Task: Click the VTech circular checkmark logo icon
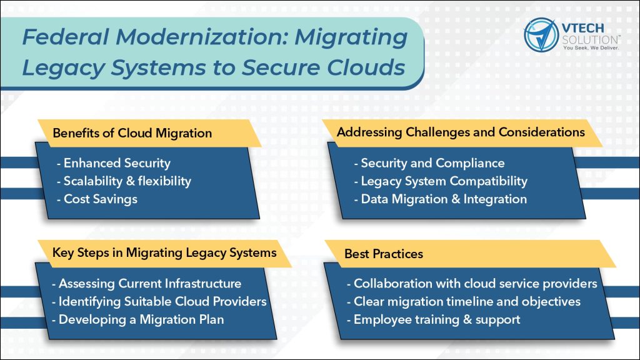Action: [541, 35]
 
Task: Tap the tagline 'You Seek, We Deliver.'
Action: [591, 47]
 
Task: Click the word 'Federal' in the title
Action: [66, 37]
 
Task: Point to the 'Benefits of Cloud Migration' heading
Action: [132, 133]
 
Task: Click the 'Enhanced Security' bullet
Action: [114, 163]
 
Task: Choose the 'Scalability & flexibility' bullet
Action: [124, 181]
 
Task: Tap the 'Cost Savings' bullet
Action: [97, 199]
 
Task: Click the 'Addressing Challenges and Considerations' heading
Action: [461, 132]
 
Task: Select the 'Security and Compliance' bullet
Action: [429, 163]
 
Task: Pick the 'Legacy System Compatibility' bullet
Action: [441, 181]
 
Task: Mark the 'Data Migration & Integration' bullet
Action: [441, 199]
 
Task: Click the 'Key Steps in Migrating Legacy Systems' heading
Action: [164, 252]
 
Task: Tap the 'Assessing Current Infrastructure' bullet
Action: [146, 283]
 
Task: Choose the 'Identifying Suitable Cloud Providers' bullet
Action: [159, 302]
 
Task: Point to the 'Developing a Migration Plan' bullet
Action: [138, 319]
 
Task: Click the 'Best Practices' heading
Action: [384, 254]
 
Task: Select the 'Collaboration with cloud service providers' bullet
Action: [472, 284]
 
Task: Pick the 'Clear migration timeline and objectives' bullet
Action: [464, 302]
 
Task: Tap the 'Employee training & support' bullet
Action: [434, 319]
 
